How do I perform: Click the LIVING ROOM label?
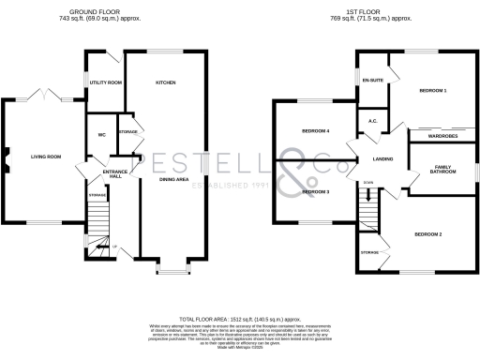[x=46, y=157]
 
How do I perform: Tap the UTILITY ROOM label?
[x=106, y=82]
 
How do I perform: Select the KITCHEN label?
[x=166, y=82]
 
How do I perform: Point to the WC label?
[x=100, y=135]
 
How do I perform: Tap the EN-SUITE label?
[x=372, y=82]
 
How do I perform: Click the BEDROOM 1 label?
[x=431, y=90]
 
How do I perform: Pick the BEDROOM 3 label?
[x=315, y=191]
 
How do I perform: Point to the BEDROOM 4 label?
[x=315, y=130]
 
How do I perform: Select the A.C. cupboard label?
[x=372, y=121]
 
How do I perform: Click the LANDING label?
[x=382, y=160]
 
